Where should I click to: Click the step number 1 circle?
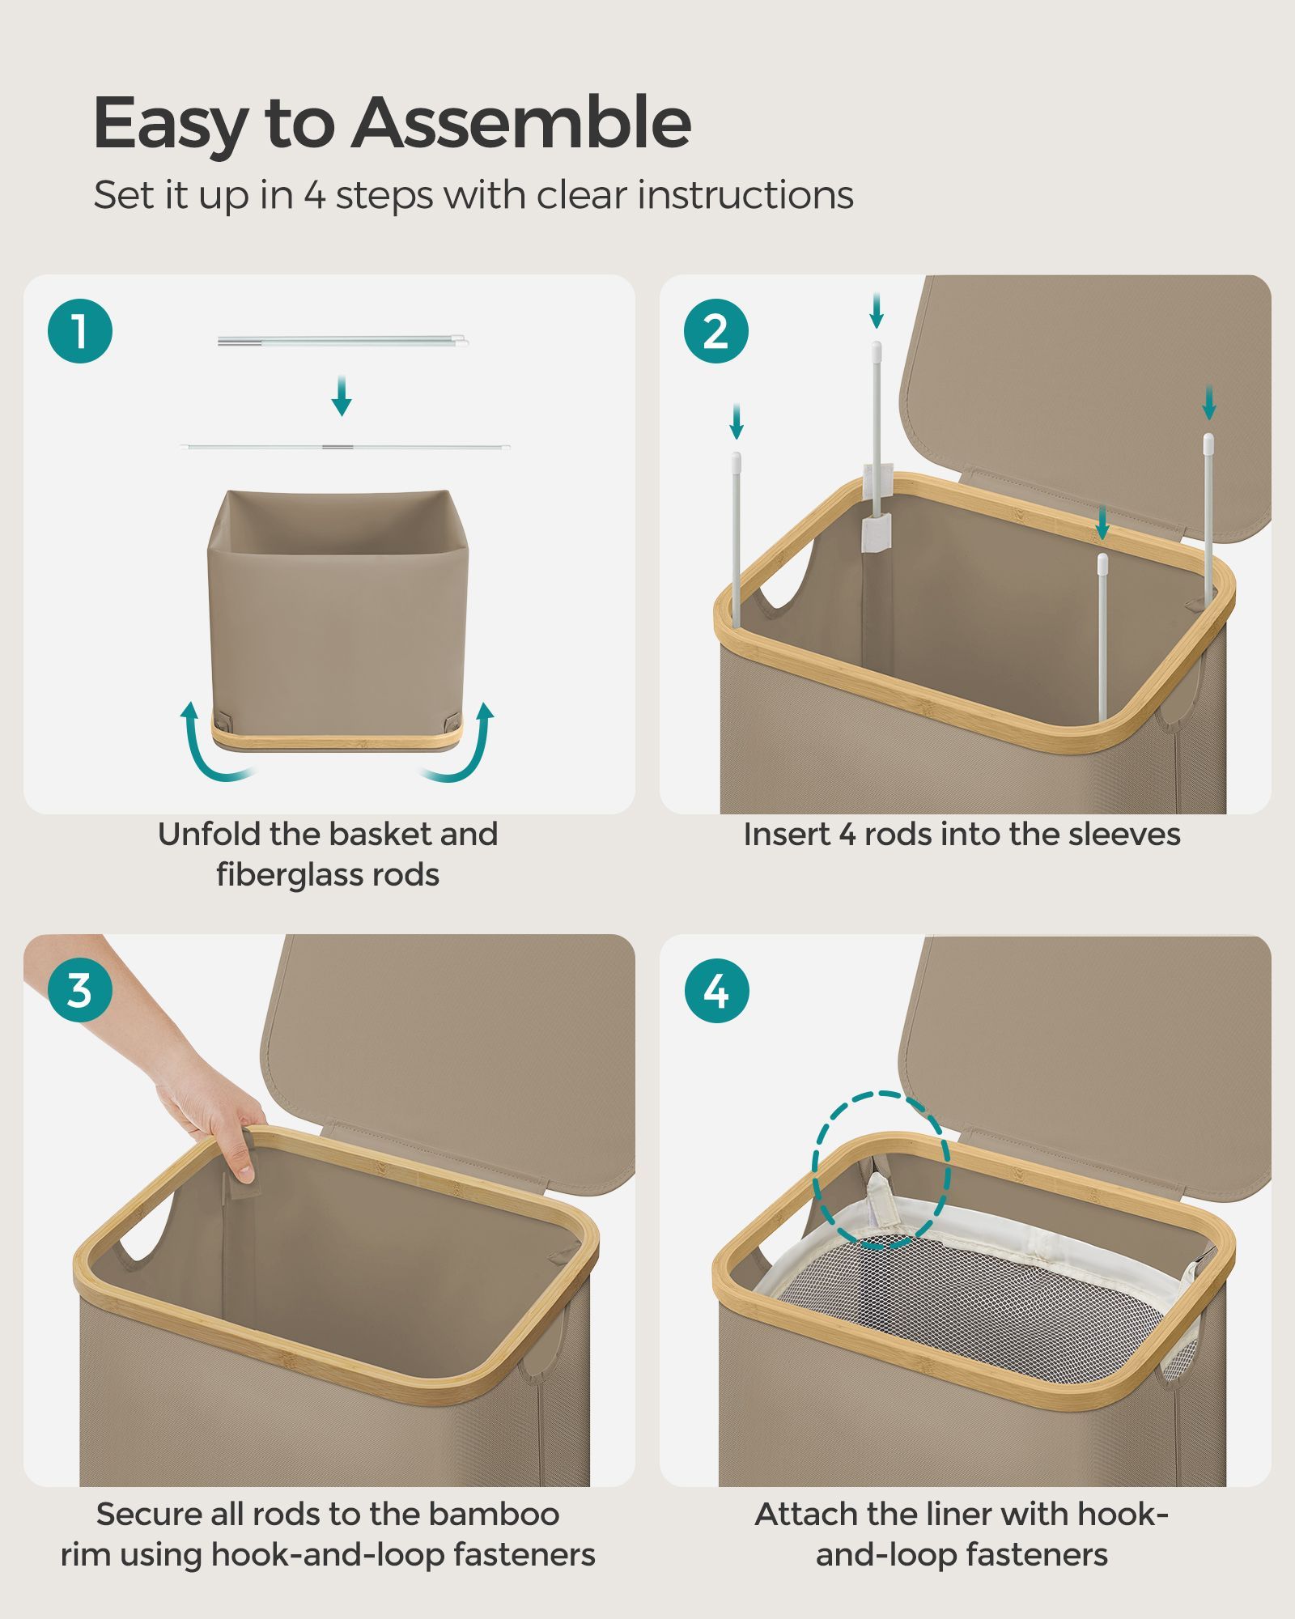pos(80,331)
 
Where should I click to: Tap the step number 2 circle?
pos(716,331)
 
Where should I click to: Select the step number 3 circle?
pos(80,990)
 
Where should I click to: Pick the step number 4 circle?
pos(716,990)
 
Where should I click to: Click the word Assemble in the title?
pos(521,122)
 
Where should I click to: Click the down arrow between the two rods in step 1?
pos(342,396)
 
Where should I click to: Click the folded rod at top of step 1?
pos(343,342)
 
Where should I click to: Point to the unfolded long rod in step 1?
pos(346,446)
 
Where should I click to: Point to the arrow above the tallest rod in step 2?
pos(876,312)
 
